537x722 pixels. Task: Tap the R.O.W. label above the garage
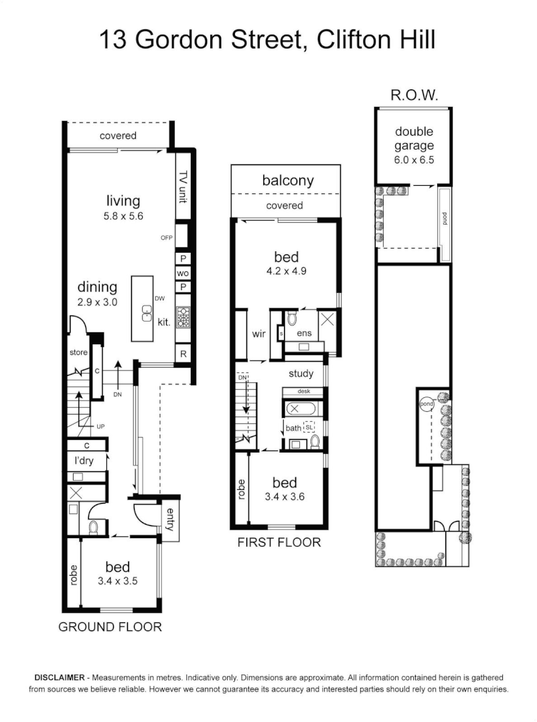414,96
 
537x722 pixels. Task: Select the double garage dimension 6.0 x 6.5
414,160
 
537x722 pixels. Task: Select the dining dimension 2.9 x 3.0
98,302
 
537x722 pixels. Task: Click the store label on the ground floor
78,352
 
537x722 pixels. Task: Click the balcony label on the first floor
287,180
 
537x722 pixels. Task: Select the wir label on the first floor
260,333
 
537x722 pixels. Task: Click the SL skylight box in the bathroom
309,425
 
